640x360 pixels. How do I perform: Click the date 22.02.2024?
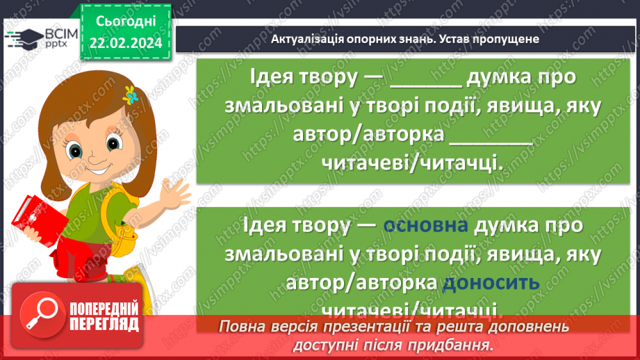pos(124,42)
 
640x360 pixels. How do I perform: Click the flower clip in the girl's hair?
pos(129,95)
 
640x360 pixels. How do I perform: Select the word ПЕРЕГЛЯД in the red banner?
pos(104,325)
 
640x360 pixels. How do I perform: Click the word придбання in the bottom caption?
pos(455,345)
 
